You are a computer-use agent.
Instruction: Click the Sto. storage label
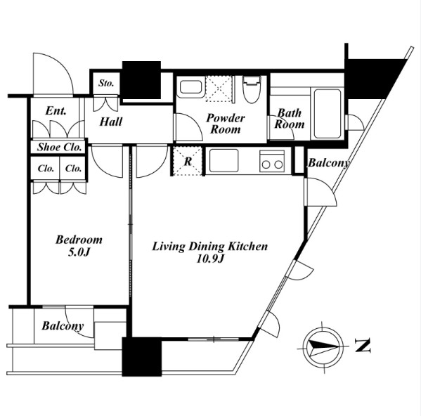(x=106, y=83)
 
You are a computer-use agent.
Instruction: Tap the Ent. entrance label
(x=56, y=110)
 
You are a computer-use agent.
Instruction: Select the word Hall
(x=111, y=122)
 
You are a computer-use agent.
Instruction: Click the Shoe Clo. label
(x=59, y=147)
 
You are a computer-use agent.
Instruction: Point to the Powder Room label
(x=226, y=124)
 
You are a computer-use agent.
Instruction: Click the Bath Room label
(x=290, y=119)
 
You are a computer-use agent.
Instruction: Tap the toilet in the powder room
(x=252, y=89)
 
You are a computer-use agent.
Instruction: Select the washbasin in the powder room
(x=190, y=87)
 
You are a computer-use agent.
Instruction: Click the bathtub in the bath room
(x=328, y=113)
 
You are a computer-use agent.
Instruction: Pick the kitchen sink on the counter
(x=224, y=161)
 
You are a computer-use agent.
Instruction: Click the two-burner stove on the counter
(x=272, y=162)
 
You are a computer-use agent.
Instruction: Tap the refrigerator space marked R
(x=188, y=161)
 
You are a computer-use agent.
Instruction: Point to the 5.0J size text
(x=79, y=252)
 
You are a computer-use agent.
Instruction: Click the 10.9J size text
(x=210, y=259)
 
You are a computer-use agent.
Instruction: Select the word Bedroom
(x=79, y=240)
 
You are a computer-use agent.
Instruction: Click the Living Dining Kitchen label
(x=210, y=247)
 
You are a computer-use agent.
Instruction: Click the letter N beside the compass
(x=363, y=346)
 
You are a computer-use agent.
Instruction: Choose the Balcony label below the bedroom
(x=63, y=326)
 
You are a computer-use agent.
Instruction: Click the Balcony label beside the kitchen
(x=329, y=163)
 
